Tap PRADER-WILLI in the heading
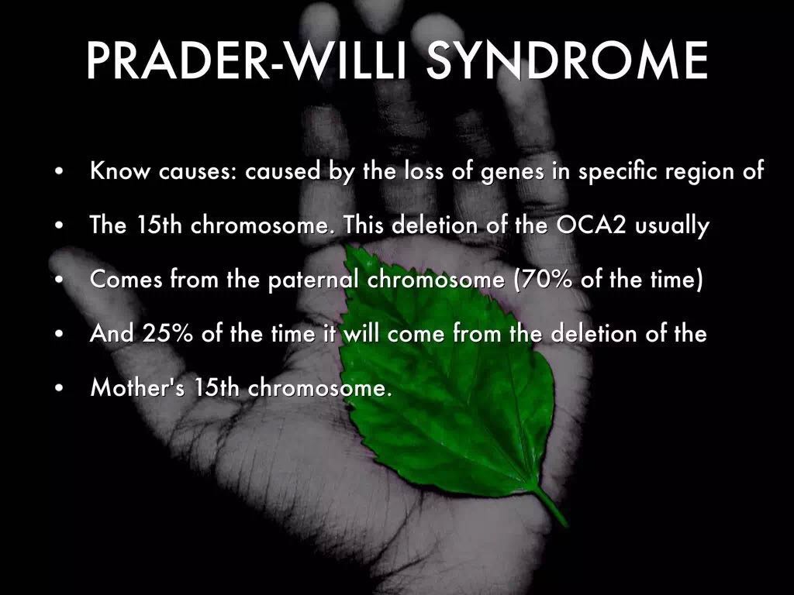point(247,60)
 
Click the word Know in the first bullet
point(120,170)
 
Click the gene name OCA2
point(591,225)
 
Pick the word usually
point(671,226)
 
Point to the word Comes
point(126,279)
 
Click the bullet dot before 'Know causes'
point(60,171)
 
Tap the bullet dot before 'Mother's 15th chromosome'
point(60,387)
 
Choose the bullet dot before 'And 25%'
point(60,334)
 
